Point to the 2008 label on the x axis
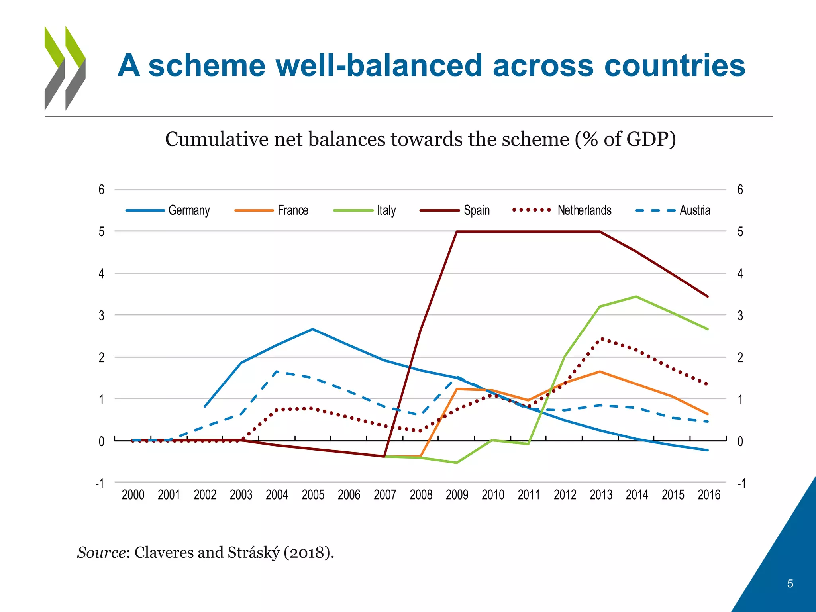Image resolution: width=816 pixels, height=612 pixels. click(x=421, y=495)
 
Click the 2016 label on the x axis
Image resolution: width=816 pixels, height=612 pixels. click(x=709, y=495)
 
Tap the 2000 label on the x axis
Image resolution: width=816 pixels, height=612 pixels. click(x=133, y=495)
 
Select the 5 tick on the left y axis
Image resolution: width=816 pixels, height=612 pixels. click(x=102, y=231)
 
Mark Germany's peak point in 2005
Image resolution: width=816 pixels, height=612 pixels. click(x=313, y=329)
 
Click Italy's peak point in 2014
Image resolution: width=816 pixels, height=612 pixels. click(x=636, y=296)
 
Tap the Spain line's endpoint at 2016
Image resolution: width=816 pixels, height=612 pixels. click(x=708, y=296)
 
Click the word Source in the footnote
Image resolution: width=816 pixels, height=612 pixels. click(x=101, y=553)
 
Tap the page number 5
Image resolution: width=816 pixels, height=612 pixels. click(x=790, y=584)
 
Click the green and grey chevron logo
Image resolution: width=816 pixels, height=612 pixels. click(x=65, y=68)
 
